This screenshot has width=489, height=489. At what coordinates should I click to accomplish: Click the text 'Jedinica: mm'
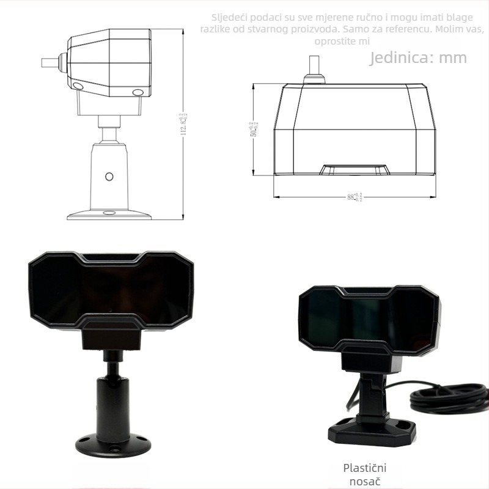pyautogui.click(x=418, y=58)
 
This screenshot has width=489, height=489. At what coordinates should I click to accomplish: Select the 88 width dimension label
pyautogui.click(x=355, y=197)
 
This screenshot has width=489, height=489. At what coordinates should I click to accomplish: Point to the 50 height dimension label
pyautogui.click(x=253, y=130)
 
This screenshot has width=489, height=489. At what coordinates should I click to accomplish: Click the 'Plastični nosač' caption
pyautogui.click(x=365, y=475)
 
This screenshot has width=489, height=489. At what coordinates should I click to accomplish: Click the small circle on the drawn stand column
pyautogui.click(x=109, y=176)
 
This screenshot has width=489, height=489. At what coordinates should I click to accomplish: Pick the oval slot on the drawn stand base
pyautogui.click(x=109, y=213)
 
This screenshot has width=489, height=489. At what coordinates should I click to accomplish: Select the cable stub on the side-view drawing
pyautogui.click(x=50, y=62)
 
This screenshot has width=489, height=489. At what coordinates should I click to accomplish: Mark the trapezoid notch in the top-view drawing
pyautogui.click(x=355, y=169)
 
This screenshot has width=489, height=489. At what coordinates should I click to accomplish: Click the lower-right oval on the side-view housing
pyautogui.click(x=138, y=92)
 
